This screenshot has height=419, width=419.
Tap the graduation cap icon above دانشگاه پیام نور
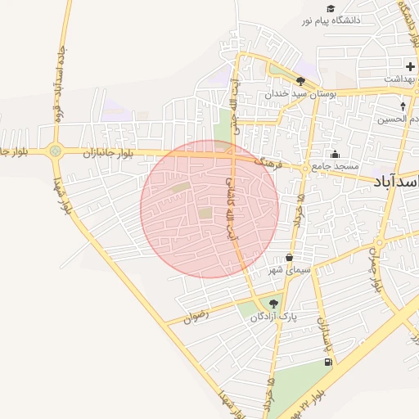(331, 8)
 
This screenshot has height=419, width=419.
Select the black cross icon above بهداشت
(410, 65)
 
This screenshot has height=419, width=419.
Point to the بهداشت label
(402, 79)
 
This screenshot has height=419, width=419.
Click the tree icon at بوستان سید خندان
(301, 81)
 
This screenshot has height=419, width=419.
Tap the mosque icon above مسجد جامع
(335, 154)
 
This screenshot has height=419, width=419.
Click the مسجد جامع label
(336, 166)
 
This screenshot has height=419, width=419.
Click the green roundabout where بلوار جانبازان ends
(55, 151)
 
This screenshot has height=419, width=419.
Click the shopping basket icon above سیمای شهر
(289, 257)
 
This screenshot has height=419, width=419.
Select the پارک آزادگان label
(276, 316)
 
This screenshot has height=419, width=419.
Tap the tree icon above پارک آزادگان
(273, 304)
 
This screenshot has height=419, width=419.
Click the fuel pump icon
(328, 362)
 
